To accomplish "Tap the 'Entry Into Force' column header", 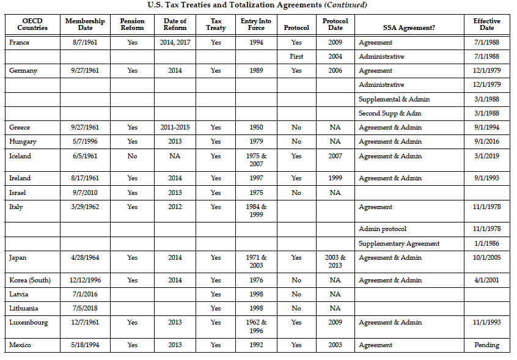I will (x=256, y=24).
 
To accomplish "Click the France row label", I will (x=20, y=43).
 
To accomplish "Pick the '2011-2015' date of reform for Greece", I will (x=175, y=128).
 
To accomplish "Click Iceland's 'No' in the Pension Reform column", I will (x=132, y=156).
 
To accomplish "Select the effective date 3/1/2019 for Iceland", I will (x=486, y=156).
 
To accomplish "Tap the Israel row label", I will (x=16, y=193).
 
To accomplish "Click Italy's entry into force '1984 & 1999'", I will (x=256, y=211).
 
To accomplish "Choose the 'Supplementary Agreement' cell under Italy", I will (x=399, y=243).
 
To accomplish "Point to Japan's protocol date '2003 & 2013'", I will (x=335, y=262).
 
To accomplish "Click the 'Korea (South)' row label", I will (x=30, y=280).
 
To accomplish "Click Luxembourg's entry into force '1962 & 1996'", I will (x=256, y=326).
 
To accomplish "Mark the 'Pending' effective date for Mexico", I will (x=486, y=345).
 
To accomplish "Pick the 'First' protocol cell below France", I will (x=296, y=57).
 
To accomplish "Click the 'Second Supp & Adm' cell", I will (x=389, y=113).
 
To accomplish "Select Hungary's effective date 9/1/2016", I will (x=486, y=142).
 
